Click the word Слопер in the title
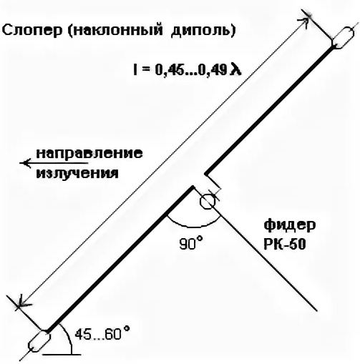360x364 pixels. pos(32,31)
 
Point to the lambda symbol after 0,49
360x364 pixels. pos(235,69)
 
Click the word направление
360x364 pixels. pos(89,154)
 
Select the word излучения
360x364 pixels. pos(77,173)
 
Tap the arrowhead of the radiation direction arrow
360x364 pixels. pos(25,163)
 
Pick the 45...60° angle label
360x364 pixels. pos(102,333)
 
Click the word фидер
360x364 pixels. pos(290,225)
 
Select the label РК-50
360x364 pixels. pos(285,244)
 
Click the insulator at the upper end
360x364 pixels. pos(343,38)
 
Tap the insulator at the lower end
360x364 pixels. pos(39,341)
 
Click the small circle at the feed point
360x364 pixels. pos(208,202)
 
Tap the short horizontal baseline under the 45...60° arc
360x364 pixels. pos(63,355)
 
